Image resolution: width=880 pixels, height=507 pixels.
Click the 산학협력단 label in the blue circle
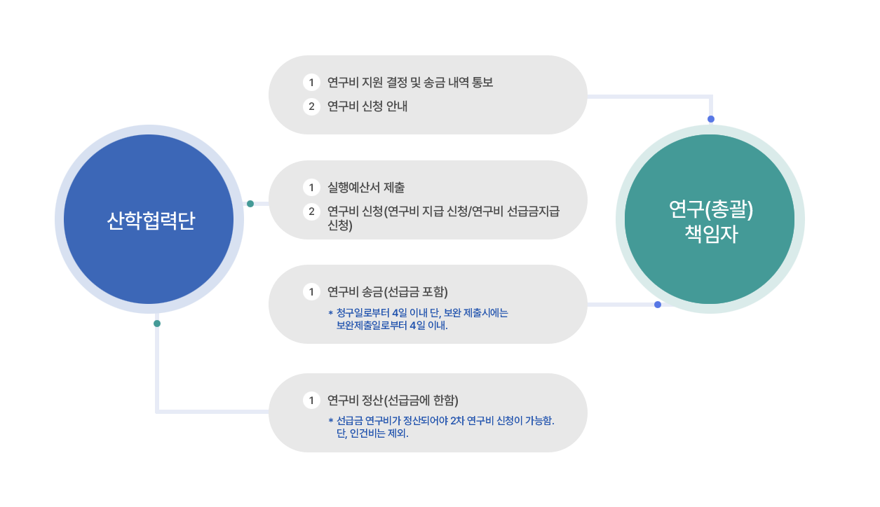[x=151, y=221]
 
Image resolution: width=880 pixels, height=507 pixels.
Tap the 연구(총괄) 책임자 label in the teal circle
[x=711, y=221]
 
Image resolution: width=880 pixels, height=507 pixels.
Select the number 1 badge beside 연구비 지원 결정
[x=311, y=83]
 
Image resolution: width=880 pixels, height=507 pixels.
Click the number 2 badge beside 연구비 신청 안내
[x=311, y=106]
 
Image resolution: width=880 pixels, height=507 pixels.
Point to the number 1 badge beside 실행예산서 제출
[x=311, y=188]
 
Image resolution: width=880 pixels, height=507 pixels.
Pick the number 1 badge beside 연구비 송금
[x=311, y=292]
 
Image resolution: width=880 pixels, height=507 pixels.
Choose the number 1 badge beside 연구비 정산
[x=311, y=401]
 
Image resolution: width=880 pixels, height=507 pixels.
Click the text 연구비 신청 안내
[x=367, y=106]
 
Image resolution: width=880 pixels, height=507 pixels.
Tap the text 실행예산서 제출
[x=366, y=188]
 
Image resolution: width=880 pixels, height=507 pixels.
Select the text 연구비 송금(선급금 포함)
[x=388, y=292]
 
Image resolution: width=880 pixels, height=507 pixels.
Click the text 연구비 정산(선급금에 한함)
[x=393, y=401]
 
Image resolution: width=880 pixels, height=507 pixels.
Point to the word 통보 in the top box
[x=482, y=83]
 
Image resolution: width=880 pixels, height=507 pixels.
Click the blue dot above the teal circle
[x=711, y=119]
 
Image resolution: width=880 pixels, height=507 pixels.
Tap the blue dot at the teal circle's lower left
[x=658, y=305]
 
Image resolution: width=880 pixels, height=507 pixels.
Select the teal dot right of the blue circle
[x=250, y=204]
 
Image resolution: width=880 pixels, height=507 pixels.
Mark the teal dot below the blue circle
[x=157, y=324]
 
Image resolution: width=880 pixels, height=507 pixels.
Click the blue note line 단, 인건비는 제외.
[x=372, y=433]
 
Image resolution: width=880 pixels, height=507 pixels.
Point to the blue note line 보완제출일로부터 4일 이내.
[x=392, y=326]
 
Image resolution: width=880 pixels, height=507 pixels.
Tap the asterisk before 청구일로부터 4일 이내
[x=330, y=313]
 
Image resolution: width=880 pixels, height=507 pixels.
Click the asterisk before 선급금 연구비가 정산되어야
[x=330, y=421]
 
